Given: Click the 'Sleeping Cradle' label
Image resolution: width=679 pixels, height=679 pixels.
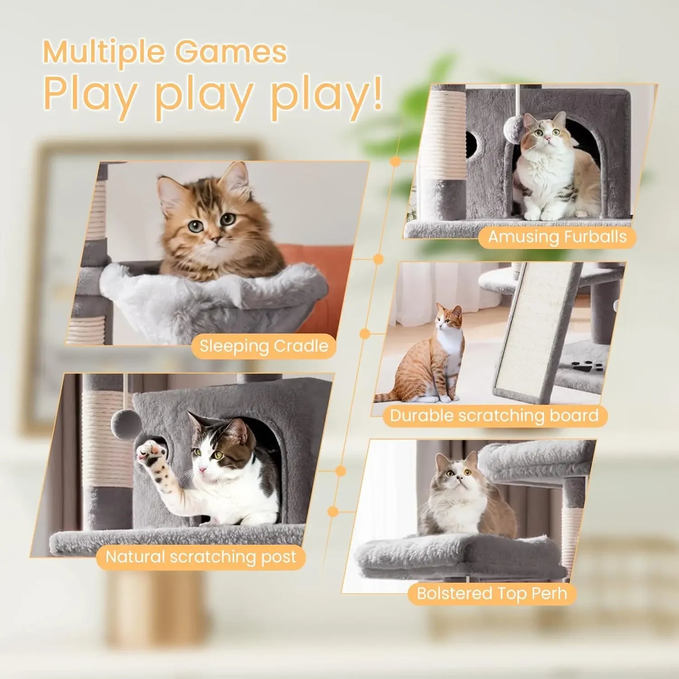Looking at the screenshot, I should (x=264, y=346).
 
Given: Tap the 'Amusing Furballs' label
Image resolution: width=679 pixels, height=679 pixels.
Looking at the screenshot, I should (x=557, y=237).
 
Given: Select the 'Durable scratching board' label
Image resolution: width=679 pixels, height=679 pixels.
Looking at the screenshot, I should (x=494, y=416).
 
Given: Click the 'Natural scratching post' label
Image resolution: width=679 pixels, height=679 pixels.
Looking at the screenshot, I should (x=201, y=557).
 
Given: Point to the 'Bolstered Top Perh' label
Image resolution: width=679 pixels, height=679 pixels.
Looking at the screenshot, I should (x=492, y=593).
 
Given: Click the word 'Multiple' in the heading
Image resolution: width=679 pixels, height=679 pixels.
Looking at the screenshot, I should (x=104, y=53).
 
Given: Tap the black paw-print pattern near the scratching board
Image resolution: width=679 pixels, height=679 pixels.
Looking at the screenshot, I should (x=587, y=366).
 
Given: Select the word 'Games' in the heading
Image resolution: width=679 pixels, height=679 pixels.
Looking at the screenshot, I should (x=231, y=53).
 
